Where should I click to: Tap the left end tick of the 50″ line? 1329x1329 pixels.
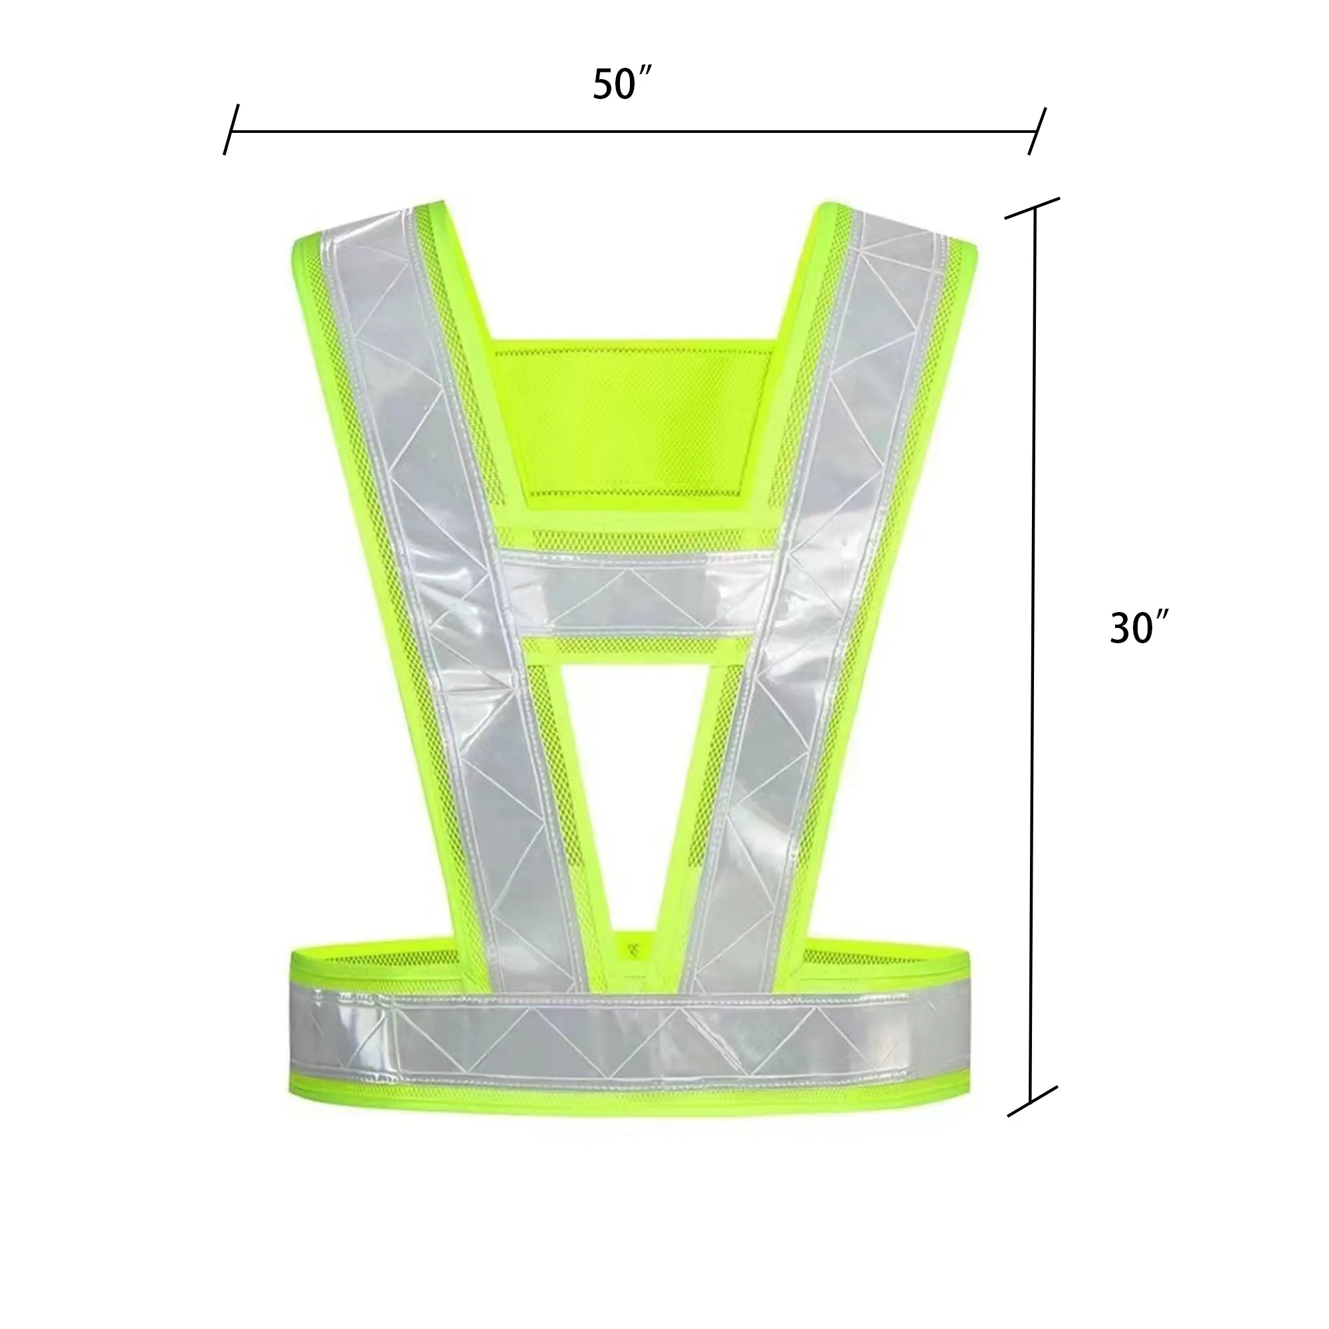231,130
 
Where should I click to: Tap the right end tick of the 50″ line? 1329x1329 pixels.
1037,131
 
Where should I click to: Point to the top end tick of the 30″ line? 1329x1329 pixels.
1032,209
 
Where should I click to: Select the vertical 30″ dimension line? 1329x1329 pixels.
1032,653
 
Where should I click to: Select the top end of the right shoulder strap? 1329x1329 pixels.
894,227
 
